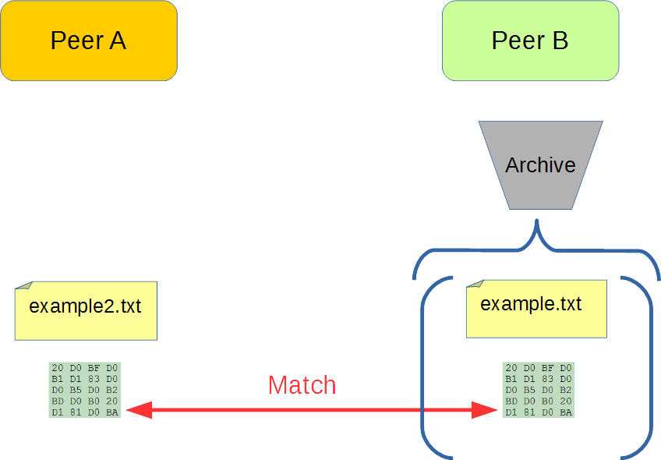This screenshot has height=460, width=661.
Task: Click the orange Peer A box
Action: pos(89,41)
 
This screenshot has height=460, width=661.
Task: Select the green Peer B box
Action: pos(530,41)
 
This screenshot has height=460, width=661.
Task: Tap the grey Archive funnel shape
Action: pos(540,187)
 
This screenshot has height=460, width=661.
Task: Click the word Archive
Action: pos(540,165)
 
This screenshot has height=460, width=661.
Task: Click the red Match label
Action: pos(302,385)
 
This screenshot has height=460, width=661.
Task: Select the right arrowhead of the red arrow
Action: pos(486,410)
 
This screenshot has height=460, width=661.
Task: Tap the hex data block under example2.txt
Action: pos(85,390)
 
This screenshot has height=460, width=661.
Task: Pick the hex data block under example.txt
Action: pos(539,390)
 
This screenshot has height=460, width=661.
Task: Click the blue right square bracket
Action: pos(647,366)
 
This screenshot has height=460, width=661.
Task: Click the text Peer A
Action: pos(88,41)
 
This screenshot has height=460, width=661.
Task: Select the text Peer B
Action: pos(530,41)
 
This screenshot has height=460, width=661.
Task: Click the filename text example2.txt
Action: pos(85,306)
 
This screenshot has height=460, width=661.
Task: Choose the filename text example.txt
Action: pos(531,303)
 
